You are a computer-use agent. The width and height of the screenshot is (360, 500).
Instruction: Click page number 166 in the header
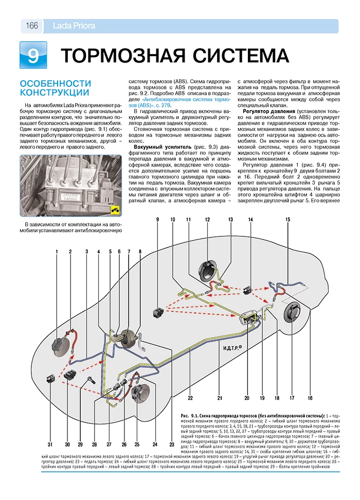click(32, 26)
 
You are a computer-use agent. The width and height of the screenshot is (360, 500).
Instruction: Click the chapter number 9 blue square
click(33, 55)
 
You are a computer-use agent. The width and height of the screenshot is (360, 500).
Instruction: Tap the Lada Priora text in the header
click(74, 26)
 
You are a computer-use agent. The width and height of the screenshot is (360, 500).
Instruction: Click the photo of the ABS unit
click(70, 186)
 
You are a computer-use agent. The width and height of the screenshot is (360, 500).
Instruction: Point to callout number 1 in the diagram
click(57, 252)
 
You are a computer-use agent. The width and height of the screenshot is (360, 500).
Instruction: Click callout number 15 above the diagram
click(288, 219)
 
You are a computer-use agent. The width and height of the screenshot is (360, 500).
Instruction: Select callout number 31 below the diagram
click(50, 444)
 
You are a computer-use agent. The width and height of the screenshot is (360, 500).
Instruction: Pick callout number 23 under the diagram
click(172, 444)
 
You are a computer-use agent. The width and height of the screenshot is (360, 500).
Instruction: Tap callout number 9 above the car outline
click(157, 219)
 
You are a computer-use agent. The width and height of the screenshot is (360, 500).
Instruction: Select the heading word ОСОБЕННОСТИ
click(56, 84)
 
